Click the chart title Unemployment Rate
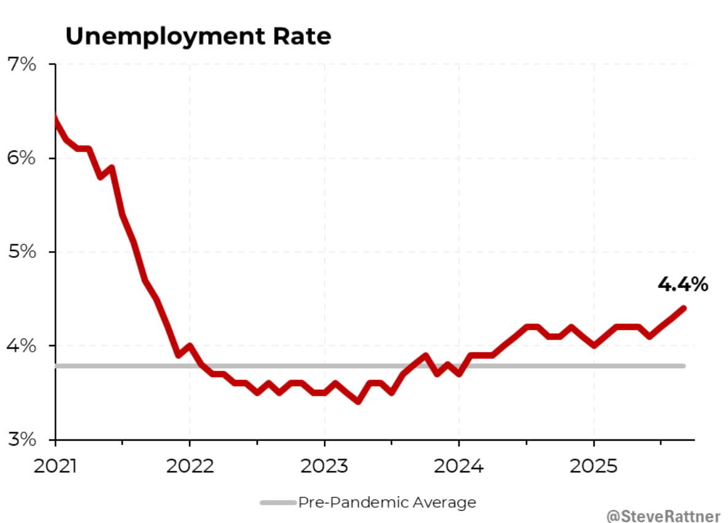tap(198, 37)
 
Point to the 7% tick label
tap(23, 64)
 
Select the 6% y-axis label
tap(23, 158)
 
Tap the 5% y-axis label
tap(23, 252)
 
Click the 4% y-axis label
tap(23, 346)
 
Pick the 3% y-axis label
tap(23, 440)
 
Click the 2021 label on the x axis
tap(55, 466)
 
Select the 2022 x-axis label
tap(190, 466)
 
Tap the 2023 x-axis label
tap(324, 466)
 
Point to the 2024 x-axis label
tap(459, 466)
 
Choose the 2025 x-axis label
tap(593, 466)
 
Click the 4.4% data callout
tap(683, 284)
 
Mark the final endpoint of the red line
tap(684, 308)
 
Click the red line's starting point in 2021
tap(56, 118)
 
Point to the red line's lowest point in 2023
tap(358, 401)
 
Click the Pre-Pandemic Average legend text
tap(387, 503)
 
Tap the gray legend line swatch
tap(278, 503)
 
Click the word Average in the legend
tap(444, 503)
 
